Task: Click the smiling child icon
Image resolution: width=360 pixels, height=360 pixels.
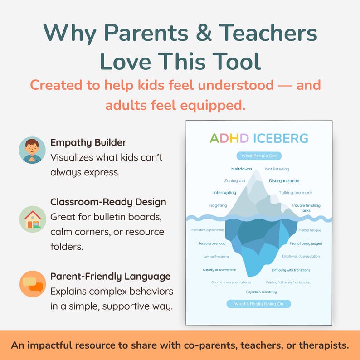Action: click(32, 150)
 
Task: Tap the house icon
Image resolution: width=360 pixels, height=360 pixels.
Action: click(32, 219)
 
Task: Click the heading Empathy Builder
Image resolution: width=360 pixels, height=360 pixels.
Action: click(88, 142)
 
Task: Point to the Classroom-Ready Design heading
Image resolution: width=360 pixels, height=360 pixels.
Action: click(108, 202)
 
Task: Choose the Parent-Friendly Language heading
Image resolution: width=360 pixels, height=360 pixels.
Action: click(111, 276)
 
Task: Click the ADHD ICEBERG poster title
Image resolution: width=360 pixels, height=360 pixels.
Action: click(258, 138)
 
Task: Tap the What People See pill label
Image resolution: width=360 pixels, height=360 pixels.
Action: click(258, 156)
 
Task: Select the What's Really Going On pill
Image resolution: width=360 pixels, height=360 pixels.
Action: click(258, 304)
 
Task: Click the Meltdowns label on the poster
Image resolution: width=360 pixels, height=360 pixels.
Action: click(241, 169)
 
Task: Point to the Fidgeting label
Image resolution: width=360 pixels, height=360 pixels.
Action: click(218, 205)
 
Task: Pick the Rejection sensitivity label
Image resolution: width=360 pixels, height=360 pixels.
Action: click(261, 292)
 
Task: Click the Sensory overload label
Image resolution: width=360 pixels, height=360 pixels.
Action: click(212, 243)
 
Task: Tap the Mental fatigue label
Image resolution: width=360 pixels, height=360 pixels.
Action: click(310, 230)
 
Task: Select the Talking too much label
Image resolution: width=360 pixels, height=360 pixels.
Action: click(296, 193)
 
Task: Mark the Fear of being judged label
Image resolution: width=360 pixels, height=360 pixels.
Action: click(306, 243)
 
